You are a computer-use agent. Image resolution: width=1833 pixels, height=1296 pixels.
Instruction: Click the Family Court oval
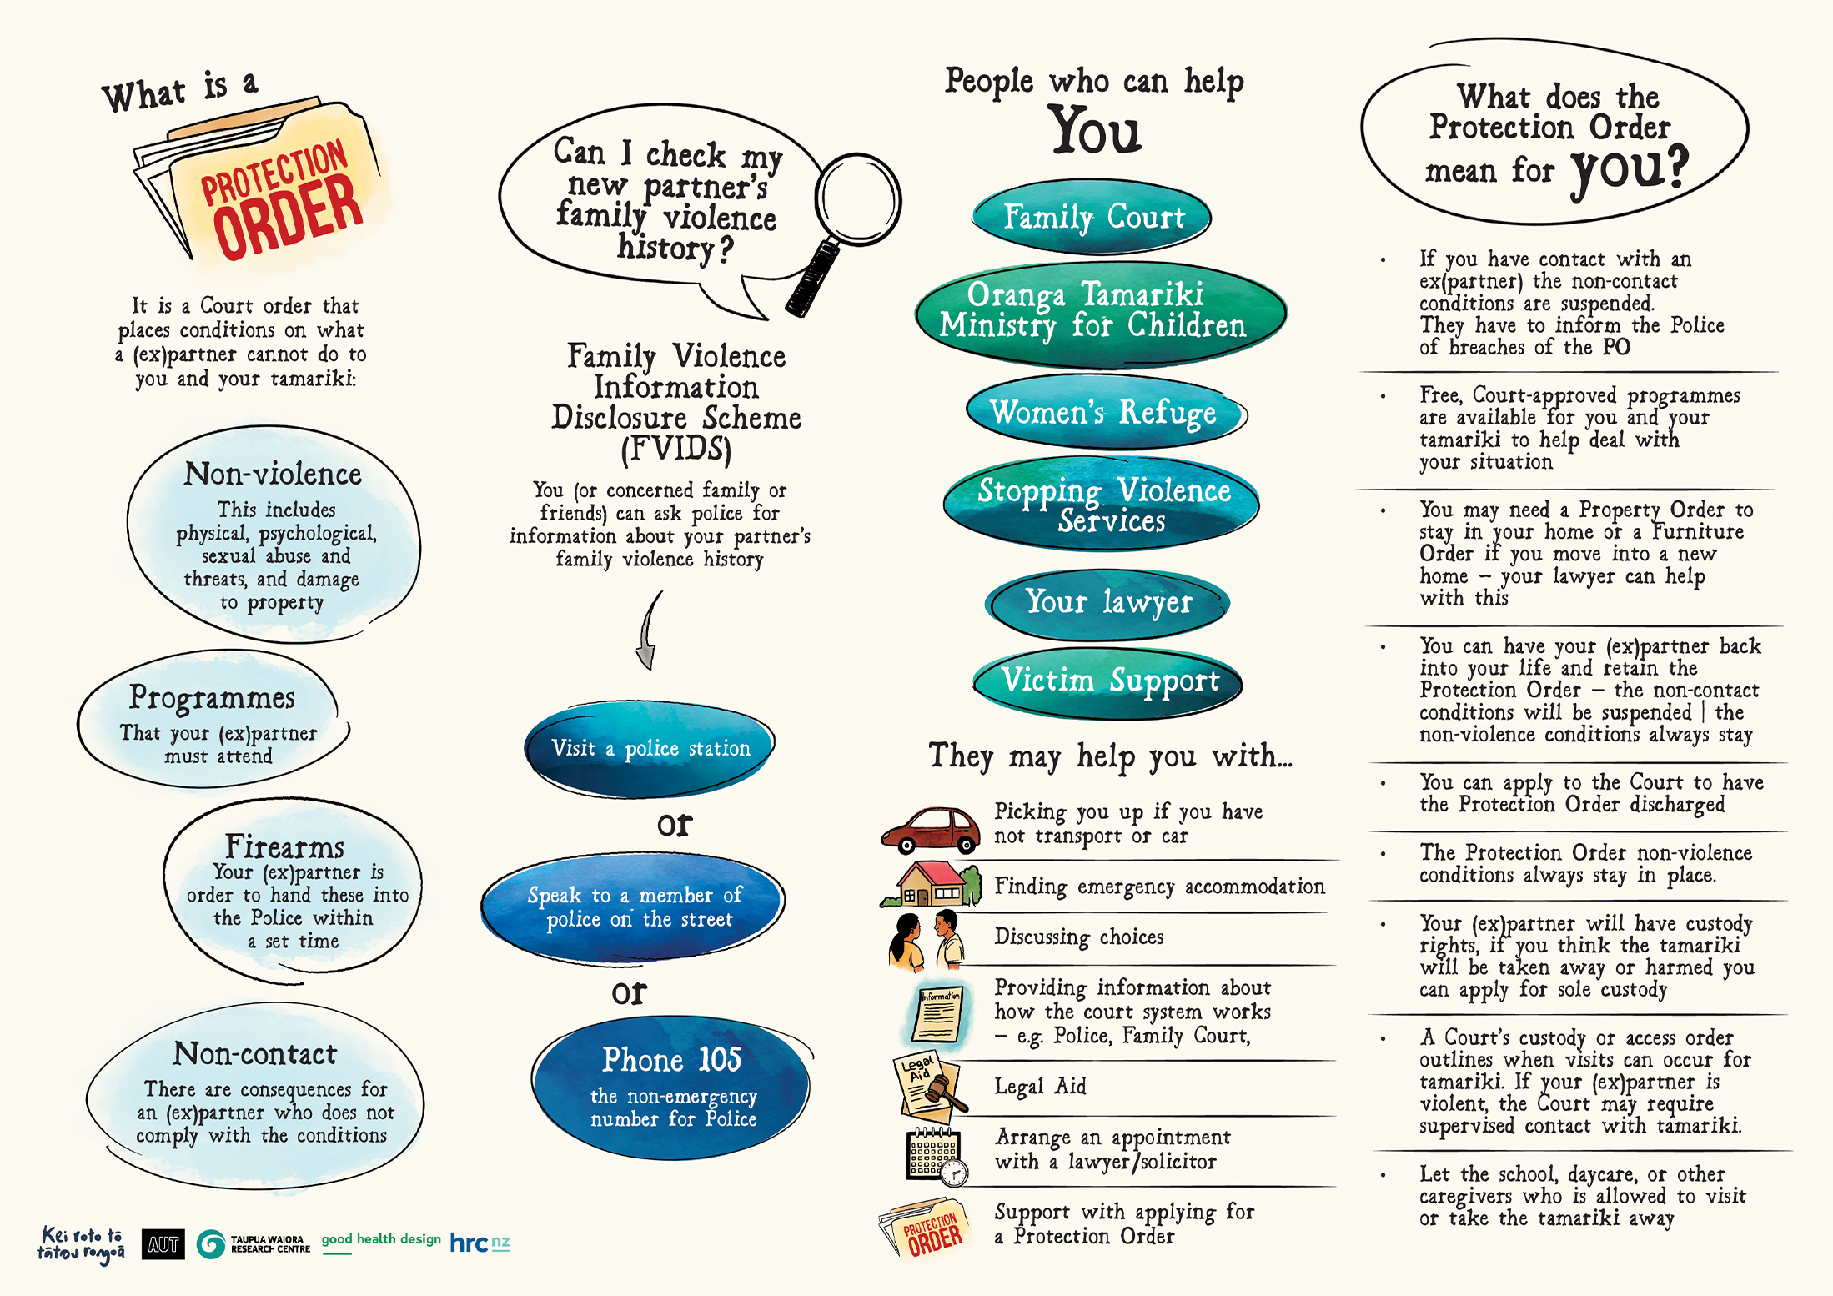[x=1092, y=217]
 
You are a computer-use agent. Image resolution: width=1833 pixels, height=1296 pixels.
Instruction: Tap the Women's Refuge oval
[x=1104, y=412]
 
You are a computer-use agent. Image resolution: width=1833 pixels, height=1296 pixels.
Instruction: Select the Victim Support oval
[x=1108, y=681]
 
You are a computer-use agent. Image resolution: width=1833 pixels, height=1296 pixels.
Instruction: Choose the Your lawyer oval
[x=1107, y=602]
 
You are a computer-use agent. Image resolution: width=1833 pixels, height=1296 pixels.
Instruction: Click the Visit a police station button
[x=650, y=748]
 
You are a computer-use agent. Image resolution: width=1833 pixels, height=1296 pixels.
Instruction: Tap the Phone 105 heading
[x=671, y=1060]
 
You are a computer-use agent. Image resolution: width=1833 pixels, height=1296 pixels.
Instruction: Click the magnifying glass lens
[x=857, y=198]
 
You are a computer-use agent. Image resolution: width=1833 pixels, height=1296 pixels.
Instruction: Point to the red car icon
[x=931, y=830]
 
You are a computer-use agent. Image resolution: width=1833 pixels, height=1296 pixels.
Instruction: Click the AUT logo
[x=163, y=1244]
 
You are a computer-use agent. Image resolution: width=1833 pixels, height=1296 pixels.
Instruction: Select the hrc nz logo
[x=480, y=1243]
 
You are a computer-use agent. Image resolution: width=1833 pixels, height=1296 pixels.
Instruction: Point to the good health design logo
[x=381, y=1240]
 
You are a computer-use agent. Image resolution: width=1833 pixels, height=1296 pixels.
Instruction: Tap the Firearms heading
[x=284, y=847]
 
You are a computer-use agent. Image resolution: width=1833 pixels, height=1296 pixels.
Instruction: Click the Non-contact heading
[x=255, y=1054]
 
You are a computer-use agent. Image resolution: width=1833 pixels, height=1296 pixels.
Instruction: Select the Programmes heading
[x=212, y=697]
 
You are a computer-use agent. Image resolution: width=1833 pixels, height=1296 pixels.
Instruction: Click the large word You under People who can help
[x=1095, y=131]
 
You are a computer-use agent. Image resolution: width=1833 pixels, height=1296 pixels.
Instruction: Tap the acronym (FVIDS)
[x=675, y=449]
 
